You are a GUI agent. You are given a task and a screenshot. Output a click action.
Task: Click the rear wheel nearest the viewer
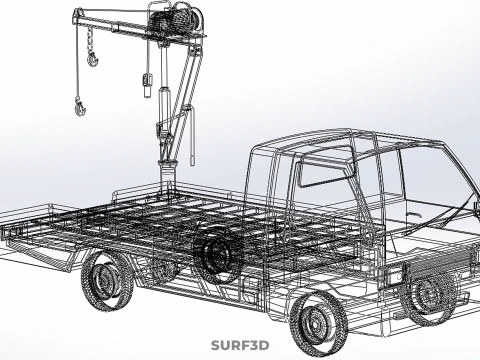coord(108,279)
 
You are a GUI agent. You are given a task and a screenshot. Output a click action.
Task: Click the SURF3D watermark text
coord(240,346)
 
